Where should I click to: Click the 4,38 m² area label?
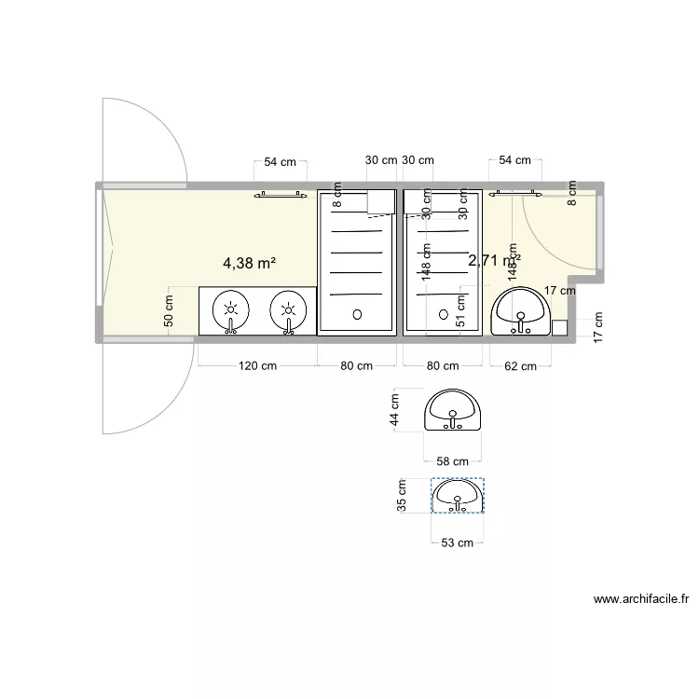(x=248, y=264)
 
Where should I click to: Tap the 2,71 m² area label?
(x=494, y=261)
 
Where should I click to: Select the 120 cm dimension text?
(x=256, y=365)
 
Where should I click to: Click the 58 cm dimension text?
(x=453, y=461)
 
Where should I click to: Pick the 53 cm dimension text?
(x=458, y=542)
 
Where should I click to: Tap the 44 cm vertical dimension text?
(x=396, y=411)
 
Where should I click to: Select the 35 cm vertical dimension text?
(x=402, y=496)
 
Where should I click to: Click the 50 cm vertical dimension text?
(x=169, y=309)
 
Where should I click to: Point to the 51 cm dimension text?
(x=459, y=309)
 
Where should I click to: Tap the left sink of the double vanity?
(x=230, y=310)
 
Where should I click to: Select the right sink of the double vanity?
(x=289, y=310)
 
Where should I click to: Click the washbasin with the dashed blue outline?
(x=458, y=495)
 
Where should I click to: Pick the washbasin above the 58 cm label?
(x=453, y=411)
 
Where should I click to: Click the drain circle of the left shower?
(x=356, y=314)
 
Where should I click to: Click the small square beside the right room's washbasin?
(x=559, y=327)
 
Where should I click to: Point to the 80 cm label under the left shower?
(x=356, y=365)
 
